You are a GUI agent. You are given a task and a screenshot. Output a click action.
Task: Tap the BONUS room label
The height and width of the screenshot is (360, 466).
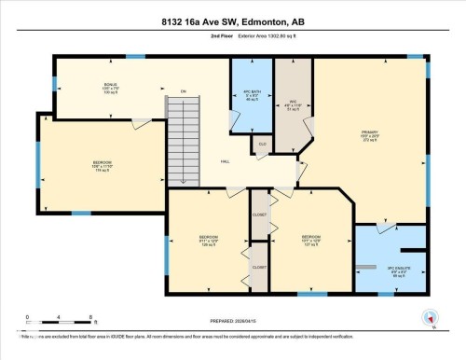point(110,89)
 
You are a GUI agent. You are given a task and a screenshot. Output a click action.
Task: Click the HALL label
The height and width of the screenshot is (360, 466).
point(226,162)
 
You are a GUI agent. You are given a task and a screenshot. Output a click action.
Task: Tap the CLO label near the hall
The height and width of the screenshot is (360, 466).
point(263,145)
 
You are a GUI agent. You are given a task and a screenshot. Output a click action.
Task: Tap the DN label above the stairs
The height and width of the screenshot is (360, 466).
point(184,90)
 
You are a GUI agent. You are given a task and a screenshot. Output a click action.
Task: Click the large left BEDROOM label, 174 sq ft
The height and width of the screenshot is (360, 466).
point(102,165)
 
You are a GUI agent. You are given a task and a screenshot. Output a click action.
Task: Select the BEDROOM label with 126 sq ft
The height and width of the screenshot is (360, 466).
point(209,240)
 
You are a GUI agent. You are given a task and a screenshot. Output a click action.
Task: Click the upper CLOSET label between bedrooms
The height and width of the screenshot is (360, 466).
point(259,216)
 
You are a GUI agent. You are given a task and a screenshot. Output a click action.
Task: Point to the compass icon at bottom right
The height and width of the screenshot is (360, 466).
point(430,318)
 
